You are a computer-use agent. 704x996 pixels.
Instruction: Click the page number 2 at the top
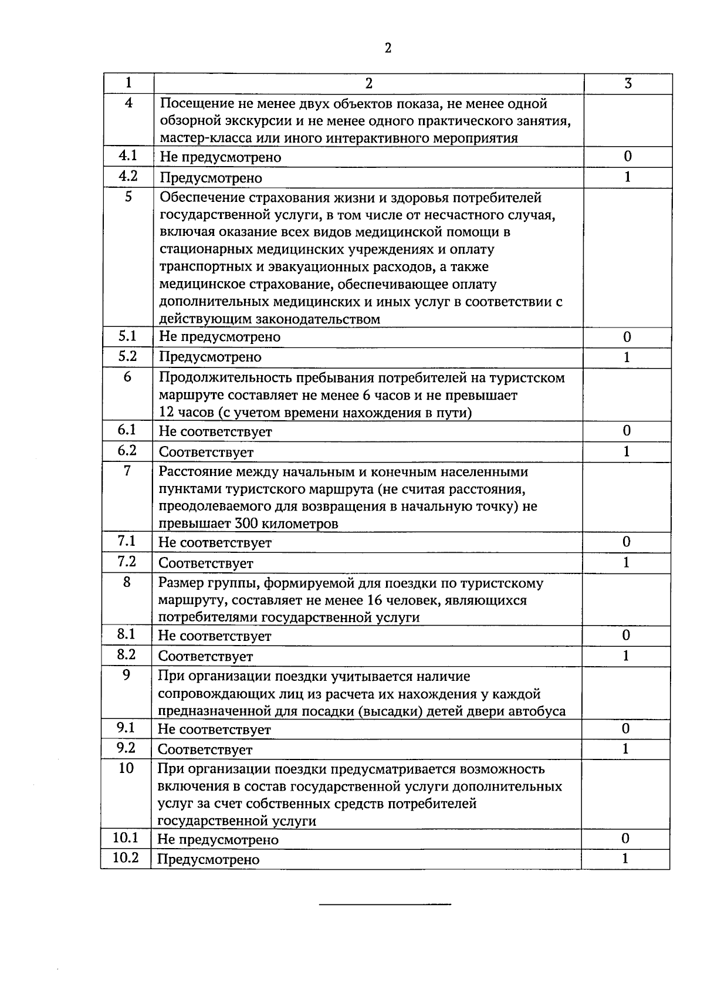point(388,48)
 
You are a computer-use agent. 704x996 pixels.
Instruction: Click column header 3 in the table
point(628,83)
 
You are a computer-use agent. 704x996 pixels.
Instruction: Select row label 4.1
point(128,156)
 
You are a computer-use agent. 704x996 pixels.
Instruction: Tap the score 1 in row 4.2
point(627,177)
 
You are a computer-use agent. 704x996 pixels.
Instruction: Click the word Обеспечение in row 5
point(199,198)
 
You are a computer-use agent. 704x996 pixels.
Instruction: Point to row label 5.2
point(127,356)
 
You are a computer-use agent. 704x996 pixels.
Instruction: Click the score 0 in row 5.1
point(627,337)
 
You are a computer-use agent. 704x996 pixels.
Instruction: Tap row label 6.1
point(127,430)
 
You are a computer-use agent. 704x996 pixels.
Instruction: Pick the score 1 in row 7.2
point(626,563)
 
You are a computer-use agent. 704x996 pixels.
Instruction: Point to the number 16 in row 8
point(374,600)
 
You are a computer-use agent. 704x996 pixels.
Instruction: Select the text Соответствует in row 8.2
point(205,656)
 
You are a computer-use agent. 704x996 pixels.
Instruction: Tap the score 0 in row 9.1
point(625,729)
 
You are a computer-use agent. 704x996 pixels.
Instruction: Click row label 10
point(126,768)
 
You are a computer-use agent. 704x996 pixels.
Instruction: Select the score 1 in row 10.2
point(625,859)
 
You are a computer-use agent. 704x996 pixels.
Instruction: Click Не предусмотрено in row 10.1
point(218,840)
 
